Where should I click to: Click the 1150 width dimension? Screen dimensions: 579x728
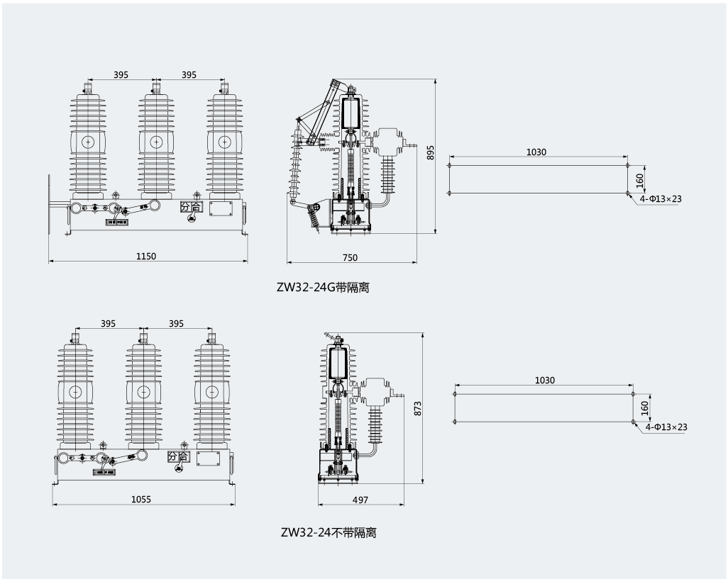tap(146, 256)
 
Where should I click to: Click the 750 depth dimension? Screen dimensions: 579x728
tap(351, 257)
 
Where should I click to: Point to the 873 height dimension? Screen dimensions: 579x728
tap(418, 407)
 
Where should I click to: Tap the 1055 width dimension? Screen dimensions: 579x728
tap(141, 499)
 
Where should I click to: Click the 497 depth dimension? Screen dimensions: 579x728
tap(360, 500)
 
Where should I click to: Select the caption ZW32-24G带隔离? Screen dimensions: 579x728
tap(323, 288)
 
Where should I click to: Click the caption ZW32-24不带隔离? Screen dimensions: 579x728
tap(329, 532)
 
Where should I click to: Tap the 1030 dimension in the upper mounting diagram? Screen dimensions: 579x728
tap(536, 152)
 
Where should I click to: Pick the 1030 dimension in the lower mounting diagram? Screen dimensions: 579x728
tap(544, 381)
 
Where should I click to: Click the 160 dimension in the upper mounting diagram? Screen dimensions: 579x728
tap(639, 179)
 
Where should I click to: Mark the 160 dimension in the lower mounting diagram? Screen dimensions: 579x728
tap(644, 407)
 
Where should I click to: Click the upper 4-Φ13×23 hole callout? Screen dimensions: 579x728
tap(660, 199)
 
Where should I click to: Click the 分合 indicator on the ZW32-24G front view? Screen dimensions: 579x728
tap(190, 207)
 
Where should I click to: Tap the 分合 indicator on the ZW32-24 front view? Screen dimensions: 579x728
tap(178, 456)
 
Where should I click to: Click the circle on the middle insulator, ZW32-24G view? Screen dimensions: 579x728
tap(156, 142)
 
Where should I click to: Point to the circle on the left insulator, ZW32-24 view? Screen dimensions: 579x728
tap(75, 391)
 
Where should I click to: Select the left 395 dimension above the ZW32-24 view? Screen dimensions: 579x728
tap(108, 323)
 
